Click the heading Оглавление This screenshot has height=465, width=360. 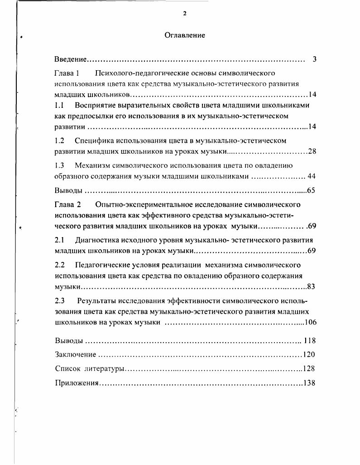pos(185,35)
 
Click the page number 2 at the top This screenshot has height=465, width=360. pos(185,14)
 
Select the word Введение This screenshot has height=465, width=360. pos(70,59)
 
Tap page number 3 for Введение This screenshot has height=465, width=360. pos(314,59)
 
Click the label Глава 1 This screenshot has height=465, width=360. pos(67,73)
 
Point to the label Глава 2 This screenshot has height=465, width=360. pos(67,204)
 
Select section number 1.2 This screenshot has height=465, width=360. pos(59,140)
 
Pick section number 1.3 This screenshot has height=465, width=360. pos(59,165)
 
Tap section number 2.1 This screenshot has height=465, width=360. pos(59,240)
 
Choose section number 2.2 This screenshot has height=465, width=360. pos(59,264)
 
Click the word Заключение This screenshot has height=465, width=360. pos(75,354)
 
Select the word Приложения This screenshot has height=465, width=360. pos(77,383)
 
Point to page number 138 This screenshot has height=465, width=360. pos(309,383)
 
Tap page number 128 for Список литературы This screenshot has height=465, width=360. pos(309,368)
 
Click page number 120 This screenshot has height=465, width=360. pos(309,354)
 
